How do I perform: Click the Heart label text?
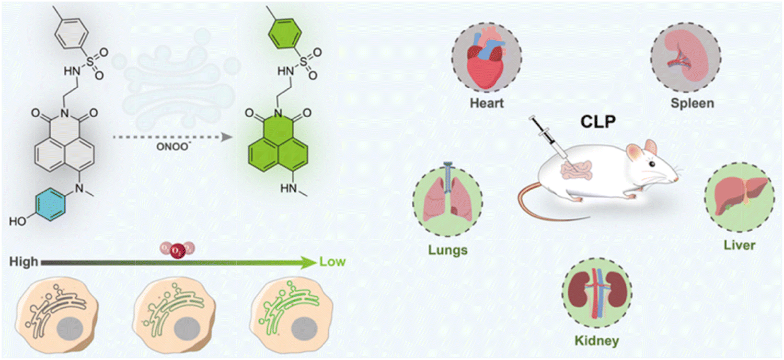(x=487, y=103)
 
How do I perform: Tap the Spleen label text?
(x=693, y=103)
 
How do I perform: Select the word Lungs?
(x=447, y=250)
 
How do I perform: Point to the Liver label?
(x=739, y=245)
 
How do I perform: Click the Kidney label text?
(x=597, y=341)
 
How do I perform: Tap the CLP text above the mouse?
(x=598, y=122)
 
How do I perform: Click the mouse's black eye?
(x=652, y=164)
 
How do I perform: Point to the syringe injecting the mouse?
(x=549, y=137)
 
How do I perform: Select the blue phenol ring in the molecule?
(x=50, y=204)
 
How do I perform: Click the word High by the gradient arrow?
(x=24, y=262)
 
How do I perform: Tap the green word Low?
(x=332, y=262)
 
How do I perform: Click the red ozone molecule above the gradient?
(x=178, y=250)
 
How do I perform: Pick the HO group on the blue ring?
(x=17, y=222)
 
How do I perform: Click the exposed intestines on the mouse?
(x=576, y=170)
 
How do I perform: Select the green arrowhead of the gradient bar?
(x=309, y=262)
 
